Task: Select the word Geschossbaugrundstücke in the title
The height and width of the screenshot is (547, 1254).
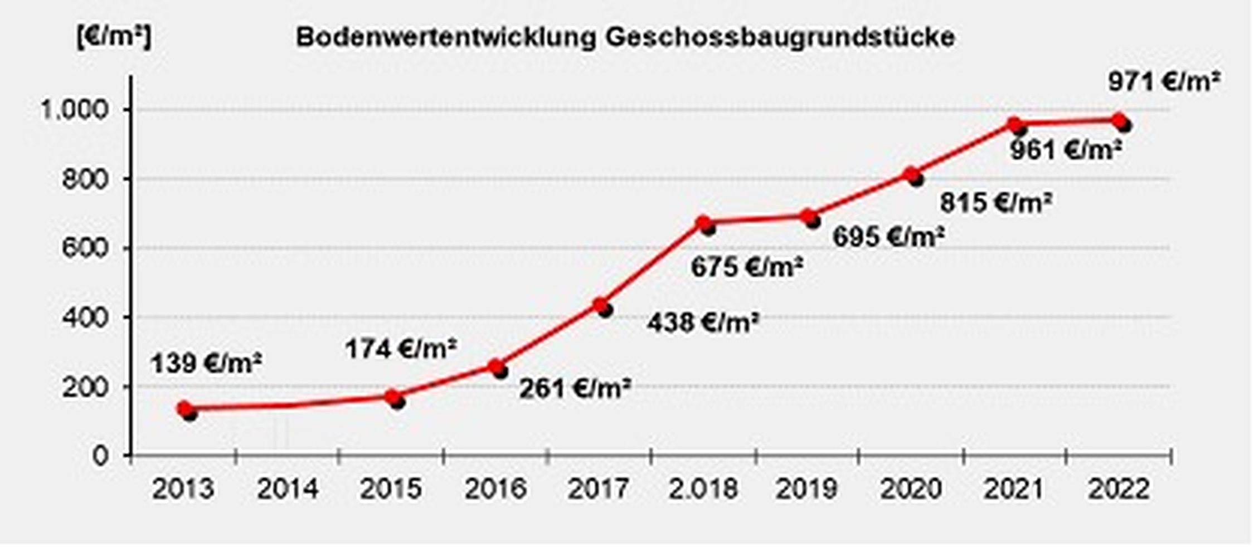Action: [x=780, y=38]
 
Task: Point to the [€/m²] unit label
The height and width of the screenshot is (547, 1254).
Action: [x=114, y=38]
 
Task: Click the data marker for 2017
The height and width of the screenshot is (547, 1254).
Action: [x=601, y=305]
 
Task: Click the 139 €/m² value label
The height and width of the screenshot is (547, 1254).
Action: [x=206, y=364]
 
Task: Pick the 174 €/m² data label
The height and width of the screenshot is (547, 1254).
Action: [x=400, y=349]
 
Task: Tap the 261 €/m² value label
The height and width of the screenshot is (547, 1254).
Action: [x=575, y=388]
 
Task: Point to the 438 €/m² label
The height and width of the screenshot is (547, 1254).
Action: [x=703, y=322]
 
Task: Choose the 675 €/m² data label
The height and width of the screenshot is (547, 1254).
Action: [x=747, y=267]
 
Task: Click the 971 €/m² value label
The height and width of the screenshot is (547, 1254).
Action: [x=1164, y=82]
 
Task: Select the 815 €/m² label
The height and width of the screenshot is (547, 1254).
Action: [x=996, y=202]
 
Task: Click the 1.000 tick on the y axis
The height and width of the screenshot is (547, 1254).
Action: [x=72, y=110]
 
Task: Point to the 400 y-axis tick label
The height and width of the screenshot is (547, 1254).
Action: [x=84, y=318]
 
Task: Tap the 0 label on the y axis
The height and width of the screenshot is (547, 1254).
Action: [x=100, y=456]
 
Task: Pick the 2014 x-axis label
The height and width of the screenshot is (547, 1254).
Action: [x=288, y=490]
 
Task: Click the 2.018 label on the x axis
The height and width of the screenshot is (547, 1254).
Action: [x=703, y=490]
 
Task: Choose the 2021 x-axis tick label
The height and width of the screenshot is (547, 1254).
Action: [x=1014, y=490]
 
